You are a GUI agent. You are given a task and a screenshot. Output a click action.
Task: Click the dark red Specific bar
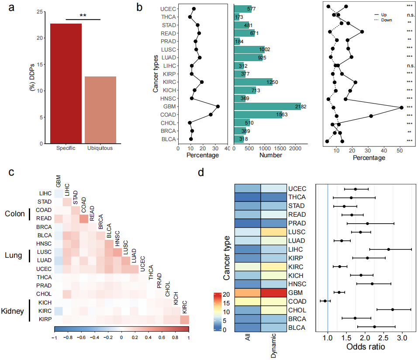66,83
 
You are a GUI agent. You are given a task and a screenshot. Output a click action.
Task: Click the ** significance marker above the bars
83,16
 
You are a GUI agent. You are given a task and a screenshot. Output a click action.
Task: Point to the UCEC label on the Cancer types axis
168,9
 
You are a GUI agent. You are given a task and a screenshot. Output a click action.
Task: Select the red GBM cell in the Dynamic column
273,293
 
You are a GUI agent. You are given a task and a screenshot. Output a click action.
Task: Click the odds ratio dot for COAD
325,301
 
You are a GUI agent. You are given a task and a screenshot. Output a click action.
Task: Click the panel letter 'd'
201,173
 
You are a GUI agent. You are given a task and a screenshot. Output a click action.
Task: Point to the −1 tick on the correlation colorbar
54,338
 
